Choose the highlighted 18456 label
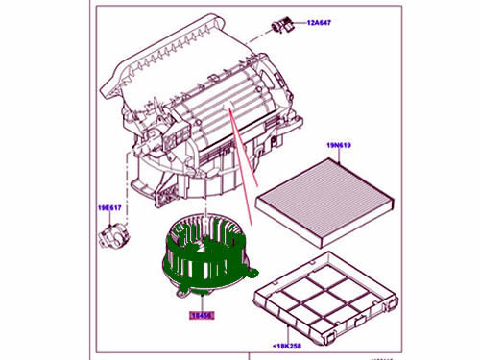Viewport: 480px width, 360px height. tap(200, 315)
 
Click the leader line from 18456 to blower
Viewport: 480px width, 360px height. tap(200, 300)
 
